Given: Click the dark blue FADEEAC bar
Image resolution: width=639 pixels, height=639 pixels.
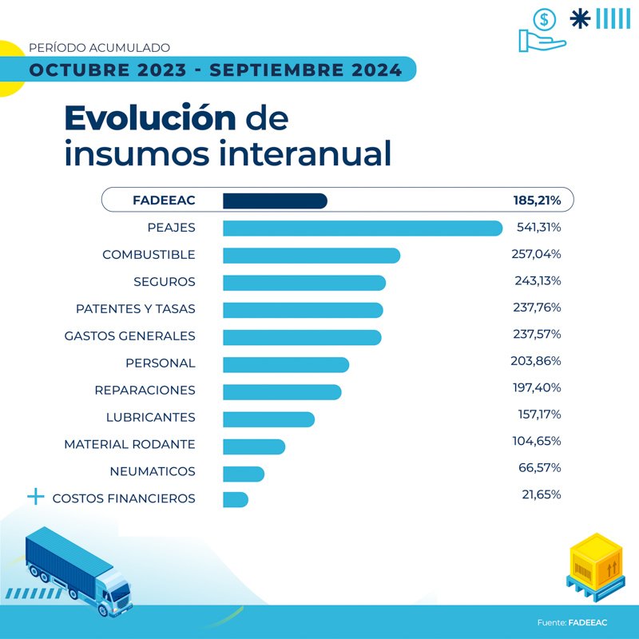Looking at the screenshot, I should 275,200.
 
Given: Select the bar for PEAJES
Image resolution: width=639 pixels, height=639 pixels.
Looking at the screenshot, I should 362,228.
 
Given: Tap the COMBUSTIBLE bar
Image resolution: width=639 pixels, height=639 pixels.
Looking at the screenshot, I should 311,256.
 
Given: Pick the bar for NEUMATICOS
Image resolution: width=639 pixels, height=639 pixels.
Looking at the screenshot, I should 243,473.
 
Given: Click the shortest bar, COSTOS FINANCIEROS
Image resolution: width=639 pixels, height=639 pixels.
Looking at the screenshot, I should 236,499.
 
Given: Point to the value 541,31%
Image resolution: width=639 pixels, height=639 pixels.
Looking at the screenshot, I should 538,228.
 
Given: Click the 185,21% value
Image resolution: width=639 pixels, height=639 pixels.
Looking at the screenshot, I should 537,200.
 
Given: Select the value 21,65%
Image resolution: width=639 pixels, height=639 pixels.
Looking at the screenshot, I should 541,494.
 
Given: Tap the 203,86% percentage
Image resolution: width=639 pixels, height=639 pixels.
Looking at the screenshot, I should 536,361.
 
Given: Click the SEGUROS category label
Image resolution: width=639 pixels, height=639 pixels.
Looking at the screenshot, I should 164,282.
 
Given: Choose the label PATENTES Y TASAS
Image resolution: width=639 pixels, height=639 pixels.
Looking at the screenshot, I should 135,309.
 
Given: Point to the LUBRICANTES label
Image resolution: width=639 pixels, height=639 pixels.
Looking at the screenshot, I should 150,418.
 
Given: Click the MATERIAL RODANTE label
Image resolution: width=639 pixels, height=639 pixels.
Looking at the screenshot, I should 129,444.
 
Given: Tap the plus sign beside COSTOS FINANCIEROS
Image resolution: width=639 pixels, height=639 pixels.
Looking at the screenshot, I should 35,498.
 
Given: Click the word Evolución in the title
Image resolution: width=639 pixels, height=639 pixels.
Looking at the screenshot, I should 149,118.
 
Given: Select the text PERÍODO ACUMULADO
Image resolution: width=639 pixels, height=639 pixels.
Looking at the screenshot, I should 99,48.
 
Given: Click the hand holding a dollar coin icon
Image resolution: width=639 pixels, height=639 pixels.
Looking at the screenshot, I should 542,31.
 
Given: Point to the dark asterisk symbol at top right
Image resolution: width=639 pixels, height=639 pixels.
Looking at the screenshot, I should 581,18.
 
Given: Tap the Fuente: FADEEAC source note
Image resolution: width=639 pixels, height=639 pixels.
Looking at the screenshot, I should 572,621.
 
